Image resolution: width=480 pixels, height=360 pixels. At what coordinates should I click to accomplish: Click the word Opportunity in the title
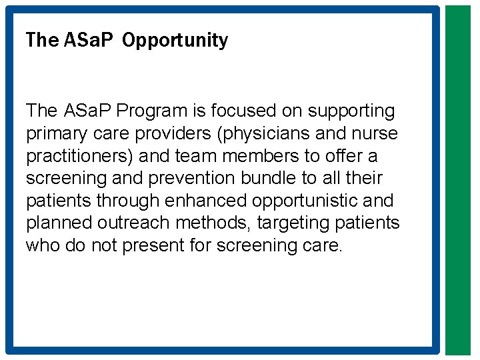[x=175, y=41]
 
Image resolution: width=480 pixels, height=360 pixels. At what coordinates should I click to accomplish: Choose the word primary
[x=52, y=133]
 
